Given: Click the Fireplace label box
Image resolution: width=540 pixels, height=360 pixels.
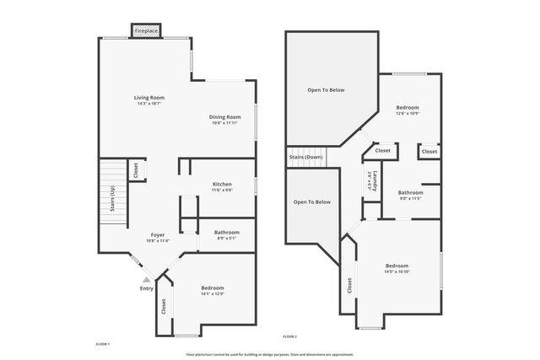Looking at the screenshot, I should click(146, 31).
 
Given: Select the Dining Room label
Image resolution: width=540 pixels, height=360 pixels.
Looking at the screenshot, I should click(226, 117).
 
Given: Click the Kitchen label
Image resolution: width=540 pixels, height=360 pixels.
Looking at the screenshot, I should click(222, 184).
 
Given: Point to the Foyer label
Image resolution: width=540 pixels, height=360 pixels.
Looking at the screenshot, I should click(158, 234).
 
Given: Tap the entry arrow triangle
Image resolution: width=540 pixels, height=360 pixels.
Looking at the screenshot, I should click(147, 278).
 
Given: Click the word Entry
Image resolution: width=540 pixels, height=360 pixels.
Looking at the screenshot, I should click(147, 289).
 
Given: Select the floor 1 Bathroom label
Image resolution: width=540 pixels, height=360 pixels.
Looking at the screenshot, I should click(227, 232).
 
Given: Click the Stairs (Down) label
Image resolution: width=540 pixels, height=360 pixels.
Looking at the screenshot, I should click(306, 157).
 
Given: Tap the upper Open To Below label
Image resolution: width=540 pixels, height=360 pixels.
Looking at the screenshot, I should click(326, 89).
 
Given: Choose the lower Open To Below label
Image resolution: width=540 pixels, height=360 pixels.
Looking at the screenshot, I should click(311, 202).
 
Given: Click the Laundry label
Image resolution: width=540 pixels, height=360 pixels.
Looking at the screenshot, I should click(373, 180).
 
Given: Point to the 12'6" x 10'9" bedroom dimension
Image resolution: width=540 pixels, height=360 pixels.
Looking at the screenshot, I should click(408, 114).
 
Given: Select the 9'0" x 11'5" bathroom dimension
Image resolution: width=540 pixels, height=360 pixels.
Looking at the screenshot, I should click(411, 198).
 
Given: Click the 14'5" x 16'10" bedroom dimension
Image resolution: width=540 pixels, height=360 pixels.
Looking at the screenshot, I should click(397, 271).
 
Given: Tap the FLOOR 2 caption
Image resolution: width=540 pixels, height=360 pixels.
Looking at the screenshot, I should click(290, 336).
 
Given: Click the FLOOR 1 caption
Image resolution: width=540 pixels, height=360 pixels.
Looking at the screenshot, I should click(103, 345).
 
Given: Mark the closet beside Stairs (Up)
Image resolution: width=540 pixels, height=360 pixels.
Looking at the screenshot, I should click(135, 171).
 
